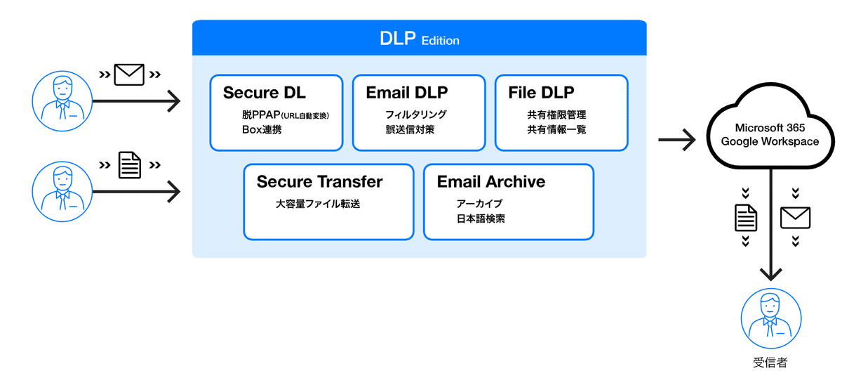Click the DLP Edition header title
point(420,39)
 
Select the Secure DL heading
point(265,93)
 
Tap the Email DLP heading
point(407,93)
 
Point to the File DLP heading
point(541,93)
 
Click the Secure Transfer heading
point(319,182)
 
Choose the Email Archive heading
point(491,182)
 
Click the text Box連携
point(262,130)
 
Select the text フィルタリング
point(415,115)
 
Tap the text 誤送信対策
point(410,130)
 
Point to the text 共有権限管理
point(556,115)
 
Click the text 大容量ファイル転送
point(322,204)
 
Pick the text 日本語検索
point(480,219)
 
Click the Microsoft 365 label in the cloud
point(770,129)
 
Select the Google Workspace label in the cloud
point(770,142)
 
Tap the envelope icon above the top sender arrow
point(129,74)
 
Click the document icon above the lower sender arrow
point(129,165)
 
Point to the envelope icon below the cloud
point(795,218)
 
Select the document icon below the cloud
point(746,218)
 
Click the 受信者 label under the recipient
point(770,363)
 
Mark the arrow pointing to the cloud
point(676,140)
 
